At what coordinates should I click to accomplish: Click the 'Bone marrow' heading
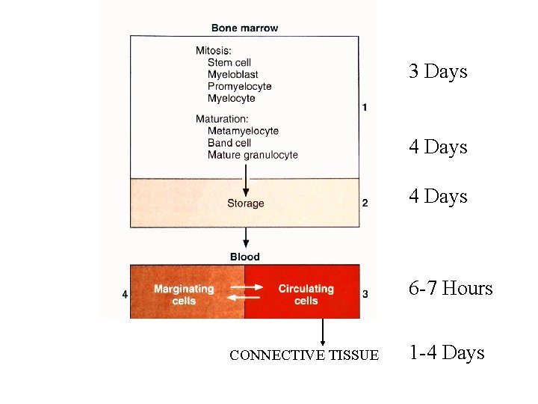pos(244,28)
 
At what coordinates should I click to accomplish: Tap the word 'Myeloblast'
pos(232,74)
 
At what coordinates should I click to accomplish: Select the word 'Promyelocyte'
pos(239,86)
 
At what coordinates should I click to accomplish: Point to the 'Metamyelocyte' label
pos(243,131)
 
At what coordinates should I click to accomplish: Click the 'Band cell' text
pos(229,143)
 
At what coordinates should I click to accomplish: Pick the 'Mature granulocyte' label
pos(253,155)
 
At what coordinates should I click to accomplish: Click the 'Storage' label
pos(245,203)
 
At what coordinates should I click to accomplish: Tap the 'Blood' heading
pos(245,257)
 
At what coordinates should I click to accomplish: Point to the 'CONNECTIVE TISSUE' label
pos(304,355)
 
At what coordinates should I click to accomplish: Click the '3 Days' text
pos(438,72)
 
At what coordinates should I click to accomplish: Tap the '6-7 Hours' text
pos(451,289)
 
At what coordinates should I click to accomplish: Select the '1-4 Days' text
pos(446,353)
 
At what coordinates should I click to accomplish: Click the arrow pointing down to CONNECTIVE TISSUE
pos(323,333)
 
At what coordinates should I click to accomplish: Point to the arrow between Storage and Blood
pos(245,239)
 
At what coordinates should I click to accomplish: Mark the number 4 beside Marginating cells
pos(125,295)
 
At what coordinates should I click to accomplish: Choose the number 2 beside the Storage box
pos(365,203)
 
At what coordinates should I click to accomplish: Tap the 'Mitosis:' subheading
pos(214,51)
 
